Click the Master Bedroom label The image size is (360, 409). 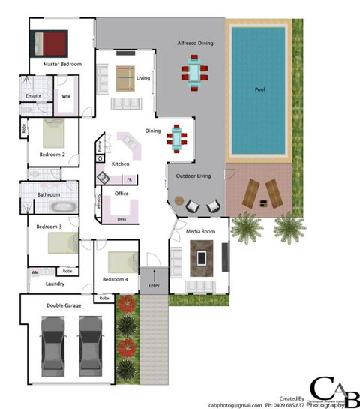pyautogui.click(x=61, y=65)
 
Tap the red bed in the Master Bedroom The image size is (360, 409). pyautogui.click(x=49, y=42)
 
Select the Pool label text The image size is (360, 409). pyautogui.click(x=259, y=90)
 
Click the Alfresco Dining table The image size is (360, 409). pyautogui.click(x=195, y=74)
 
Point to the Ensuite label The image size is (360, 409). pyautogui.click(x=33, y=96)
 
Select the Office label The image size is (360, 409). pyautogui.click(x=121, y=194)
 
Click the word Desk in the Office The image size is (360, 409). pyautogui.click(x=121, y=219)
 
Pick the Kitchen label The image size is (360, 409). pyautogui.click(x=120, y=164)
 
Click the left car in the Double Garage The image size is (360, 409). pyautogui.click(x=53, y=338)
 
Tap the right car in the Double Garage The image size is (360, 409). pyautogui.click(x=91, y=338)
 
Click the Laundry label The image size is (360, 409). pyautogui.click(x=55, y=284)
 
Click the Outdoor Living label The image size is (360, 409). pyautogui.click(x=193, y=176)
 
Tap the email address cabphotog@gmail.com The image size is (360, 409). pyautogui.click(x=235, y=404)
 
